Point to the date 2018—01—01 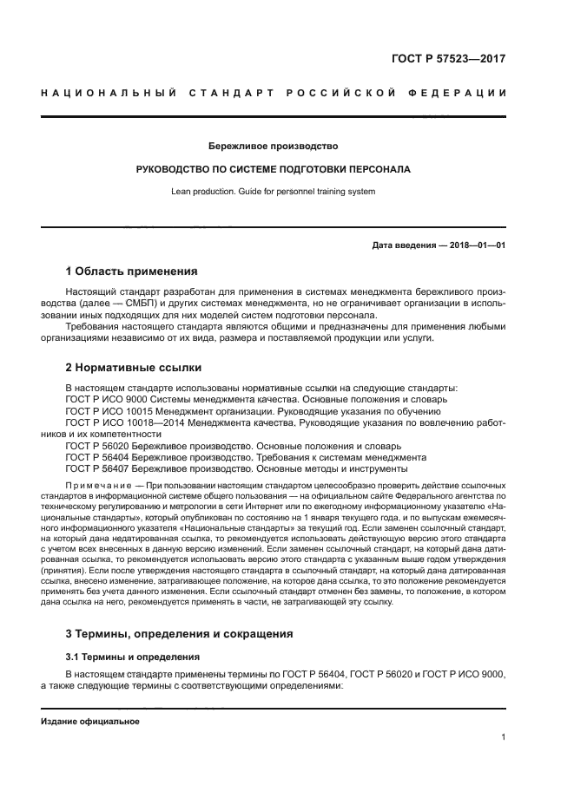click(x=474, y=245)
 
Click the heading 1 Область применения click(x=132, y=271)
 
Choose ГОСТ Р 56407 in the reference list click(x=97, y=468)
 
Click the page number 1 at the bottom click(x=502, y=737)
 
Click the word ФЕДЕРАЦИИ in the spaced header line click(x=459, y=93)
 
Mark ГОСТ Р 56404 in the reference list click(x=97, y=456)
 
